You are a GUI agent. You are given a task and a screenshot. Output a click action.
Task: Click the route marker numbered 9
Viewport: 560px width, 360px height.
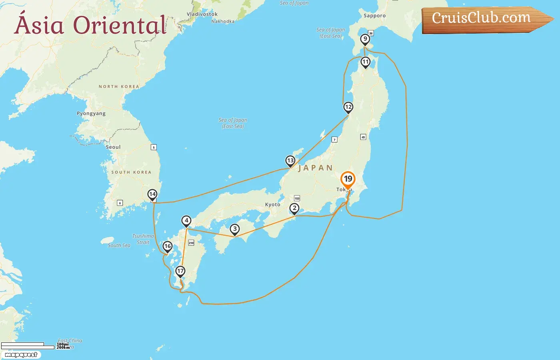[365, 39]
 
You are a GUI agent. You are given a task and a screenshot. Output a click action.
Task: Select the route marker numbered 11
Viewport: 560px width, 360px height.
[365, 62]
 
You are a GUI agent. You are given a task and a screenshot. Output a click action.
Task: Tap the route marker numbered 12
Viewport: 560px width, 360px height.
[348, 107]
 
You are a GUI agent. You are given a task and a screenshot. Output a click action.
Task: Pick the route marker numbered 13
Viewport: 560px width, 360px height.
[290, 161]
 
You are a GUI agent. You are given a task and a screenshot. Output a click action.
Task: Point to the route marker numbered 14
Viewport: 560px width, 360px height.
[152, 194]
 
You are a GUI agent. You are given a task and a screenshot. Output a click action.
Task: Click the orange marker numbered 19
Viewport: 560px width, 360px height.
[348, 179]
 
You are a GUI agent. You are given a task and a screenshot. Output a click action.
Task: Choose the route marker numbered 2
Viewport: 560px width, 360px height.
[294, 208]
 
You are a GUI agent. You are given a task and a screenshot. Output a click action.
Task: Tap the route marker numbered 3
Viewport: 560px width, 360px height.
[235, 229]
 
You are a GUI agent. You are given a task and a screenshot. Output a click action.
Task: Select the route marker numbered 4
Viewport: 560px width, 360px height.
[186, 220]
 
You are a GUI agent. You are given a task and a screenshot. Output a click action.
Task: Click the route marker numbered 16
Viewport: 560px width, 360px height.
[168, 246]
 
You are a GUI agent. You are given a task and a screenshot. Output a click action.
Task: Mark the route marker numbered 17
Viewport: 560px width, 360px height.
[180, 271]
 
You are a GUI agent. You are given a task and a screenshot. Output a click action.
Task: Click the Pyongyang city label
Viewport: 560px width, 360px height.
[91, 114]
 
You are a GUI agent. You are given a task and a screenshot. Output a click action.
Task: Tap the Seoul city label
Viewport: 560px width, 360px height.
[113, 147]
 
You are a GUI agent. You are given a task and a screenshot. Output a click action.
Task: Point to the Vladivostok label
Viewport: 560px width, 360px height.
[202, 14]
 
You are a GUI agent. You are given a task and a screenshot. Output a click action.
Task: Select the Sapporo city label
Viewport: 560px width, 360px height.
[375, 16]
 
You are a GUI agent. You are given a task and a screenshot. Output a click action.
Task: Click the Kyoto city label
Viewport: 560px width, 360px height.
[273, 205]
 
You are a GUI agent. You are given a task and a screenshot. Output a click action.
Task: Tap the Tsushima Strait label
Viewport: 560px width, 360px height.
[143, 239]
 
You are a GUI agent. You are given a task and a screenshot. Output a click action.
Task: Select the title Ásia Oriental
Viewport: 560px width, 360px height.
[90, 25]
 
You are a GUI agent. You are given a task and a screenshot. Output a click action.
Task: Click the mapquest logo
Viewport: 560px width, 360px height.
[21, 355]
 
